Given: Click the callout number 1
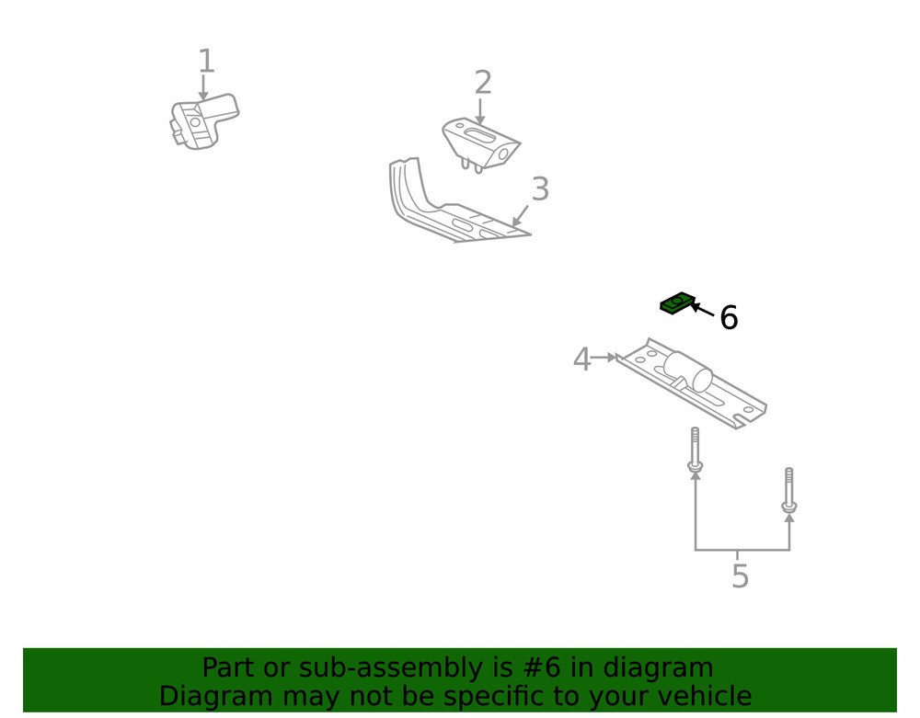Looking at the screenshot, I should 206,63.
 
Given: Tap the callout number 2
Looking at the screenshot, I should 483,84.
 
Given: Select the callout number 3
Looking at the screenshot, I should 540,190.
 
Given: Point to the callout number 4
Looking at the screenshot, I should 581,359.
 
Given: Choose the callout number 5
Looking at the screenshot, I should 740,577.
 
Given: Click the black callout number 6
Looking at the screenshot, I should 729,318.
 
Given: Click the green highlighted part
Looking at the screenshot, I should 677,302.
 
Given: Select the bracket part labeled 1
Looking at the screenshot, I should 202,121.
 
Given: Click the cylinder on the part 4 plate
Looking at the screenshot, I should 688,370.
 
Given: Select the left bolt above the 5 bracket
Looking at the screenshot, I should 695,450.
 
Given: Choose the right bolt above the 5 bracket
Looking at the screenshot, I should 788,489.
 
